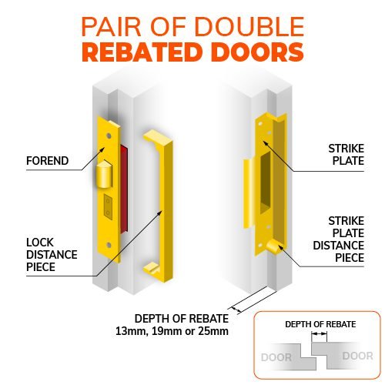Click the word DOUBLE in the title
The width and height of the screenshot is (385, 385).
[x=249, y=26]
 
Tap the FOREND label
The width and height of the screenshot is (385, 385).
[x=48, y=161]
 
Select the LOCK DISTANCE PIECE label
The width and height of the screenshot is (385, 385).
[x=52, y=255]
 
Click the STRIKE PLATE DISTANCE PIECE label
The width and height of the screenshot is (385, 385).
[x=339, y=239]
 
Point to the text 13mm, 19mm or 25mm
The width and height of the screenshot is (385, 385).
[x=172, y=331]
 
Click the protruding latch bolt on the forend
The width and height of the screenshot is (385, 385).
[x=104, y=174]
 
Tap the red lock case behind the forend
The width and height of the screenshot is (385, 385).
[x=124, y=189]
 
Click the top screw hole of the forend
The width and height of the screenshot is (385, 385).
[x=109, y=136]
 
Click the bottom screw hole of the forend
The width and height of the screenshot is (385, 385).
[x=109, y=245]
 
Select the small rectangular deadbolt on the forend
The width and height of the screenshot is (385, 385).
[x=108, y=207]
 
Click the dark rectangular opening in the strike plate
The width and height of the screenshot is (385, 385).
[x=266, y=182]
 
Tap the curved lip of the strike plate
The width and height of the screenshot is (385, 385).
[x=248, y=193]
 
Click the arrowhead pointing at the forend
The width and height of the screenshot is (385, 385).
[x=102, y=149]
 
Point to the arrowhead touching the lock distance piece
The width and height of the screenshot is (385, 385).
[x=160, y=213]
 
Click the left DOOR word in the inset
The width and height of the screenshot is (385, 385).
[x=276, y=357]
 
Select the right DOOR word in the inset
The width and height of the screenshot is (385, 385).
[x=357, y=356]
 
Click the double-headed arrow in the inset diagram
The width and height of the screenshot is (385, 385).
[x=319, y=333]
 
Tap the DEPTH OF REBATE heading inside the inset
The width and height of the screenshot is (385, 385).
[x=320, y=324]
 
